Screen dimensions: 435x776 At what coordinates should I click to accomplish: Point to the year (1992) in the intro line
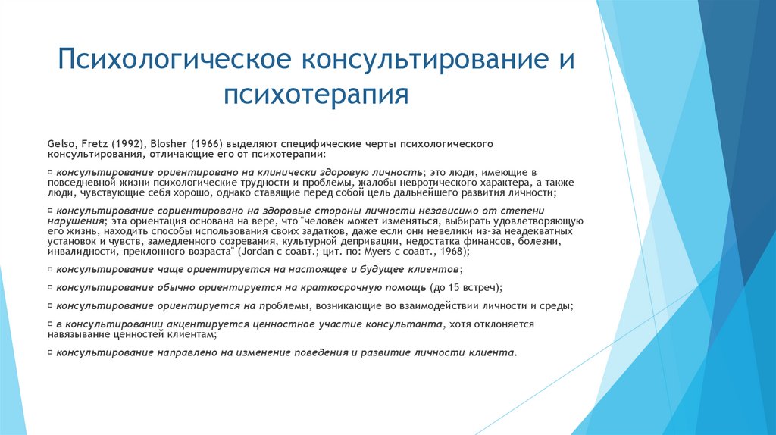pyautogui.click(x=124, y=143)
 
